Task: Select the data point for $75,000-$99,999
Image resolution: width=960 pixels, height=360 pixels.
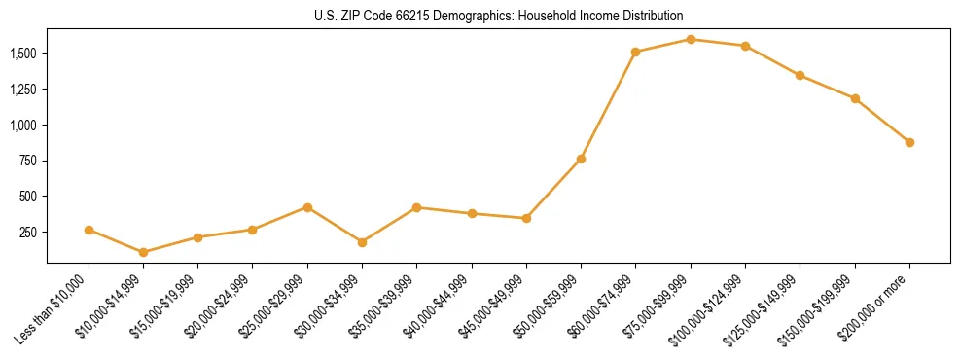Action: (691, 40)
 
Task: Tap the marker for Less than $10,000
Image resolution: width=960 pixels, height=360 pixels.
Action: (89, 230)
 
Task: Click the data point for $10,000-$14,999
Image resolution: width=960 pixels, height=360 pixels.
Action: (144, 252)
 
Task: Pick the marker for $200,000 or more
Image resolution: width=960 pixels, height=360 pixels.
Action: (909, 142)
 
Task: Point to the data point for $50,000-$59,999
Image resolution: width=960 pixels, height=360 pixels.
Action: (581, 159)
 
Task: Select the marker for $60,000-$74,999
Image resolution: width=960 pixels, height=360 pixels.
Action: (635, 53)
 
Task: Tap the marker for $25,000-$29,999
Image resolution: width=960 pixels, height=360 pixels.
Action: (307, 207)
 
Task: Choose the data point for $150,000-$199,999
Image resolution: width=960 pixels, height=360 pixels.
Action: (855, 98)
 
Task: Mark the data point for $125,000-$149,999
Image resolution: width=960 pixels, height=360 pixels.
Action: (800, 76)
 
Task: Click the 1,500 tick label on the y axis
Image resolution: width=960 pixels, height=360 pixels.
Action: (23, 54)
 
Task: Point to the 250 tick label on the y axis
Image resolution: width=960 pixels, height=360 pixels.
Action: (29, 233)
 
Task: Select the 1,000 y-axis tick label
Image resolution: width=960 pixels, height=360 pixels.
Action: (23, 126)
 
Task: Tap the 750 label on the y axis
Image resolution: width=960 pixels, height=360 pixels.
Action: (29, 161)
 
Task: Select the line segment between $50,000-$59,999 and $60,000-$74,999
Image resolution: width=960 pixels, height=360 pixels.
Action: (608, 105)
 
